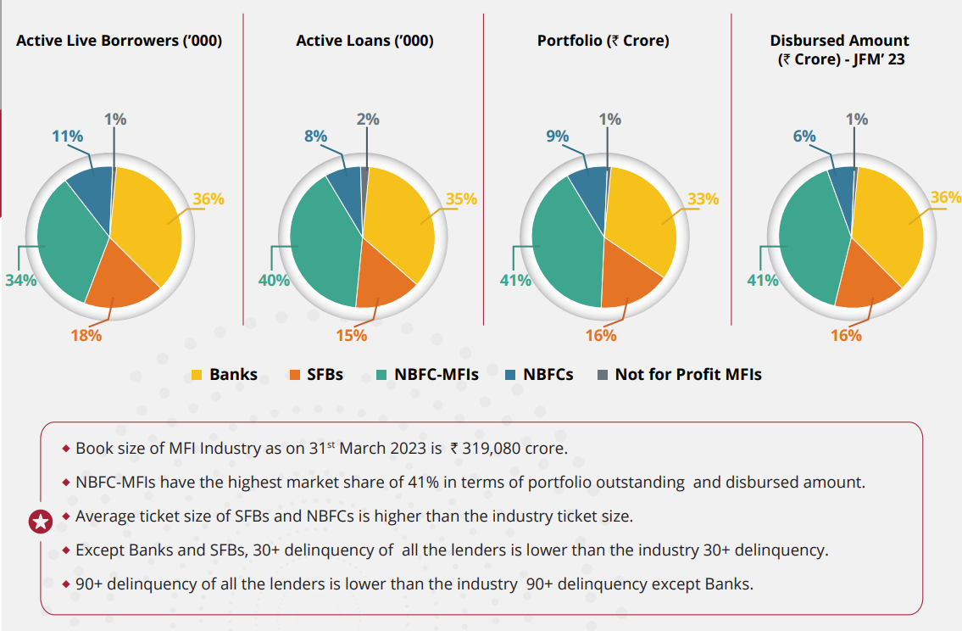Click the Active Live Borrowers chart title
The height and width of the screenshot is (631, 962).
click(x=120, y=41)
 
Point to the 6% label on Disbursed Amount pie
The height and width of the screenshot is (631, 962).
click(x=804, y=137)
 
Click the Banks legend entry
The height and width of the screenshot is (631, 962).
click(x=225, y=374)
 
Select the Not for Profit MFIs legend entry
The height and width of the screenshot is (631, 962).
click(x=680, y=374)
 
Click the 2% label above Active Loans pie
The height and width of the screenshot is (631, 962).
click(x=368, y=120)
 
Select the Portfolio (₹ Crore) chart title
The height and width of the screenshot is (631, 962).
click(x=603, y=41)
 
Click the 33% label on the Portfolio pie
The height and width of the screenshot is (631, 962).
click(x=703, y=199)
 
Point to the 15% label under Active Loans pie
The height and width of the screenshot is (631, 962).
click(x=351, y=335)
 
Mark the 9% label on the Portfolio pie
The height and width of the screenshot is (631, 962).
click(x=557, y=136)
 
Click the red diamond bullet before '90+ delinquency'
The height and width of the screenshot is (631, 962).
click(x=66, y=584)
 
